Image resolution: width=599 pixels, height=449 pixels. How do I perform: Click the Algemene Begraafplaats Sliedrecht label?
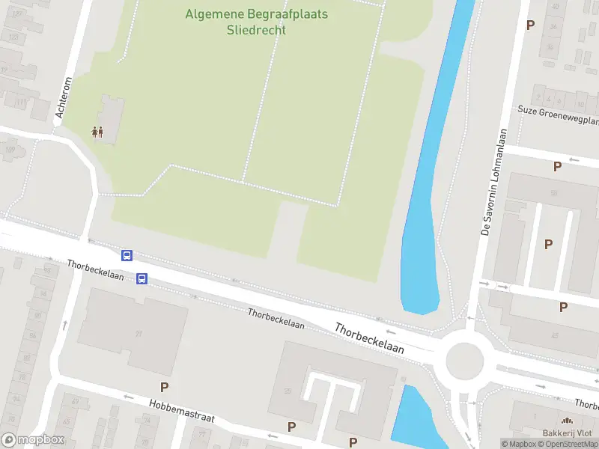[x=256, y=22]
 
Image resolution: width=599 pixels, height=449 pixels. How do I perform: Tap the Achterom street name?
[x=62, y=98]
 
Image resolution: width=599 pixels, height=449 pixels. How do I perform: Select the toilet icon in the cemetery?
[x=97, y=132]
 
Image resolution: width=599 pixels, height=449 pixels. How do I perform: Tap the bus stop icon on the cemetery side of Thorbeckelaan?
[x=127, y=255]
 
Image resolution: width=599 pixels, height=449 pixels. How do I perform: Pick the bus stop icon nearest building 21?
[x=142, y=279]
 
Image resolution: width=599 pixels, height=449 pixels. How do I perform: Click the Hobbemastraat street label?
[x=181, y=410]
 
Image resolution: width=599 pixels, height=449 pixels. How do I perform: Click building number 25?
[x=288, y=391]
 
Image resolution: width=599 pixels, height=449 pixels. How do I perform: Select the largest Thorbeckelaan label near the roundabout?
[x=370, y=338]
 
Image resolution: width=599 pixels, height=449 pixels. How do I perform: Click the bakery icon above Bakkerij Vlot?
[x=568, y=421]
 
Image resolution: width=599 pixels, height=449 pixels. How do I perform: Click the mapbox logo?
[x=33, y=440]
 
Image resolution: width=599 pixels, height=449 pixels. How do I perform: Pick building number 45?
[x=555, y=335]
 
